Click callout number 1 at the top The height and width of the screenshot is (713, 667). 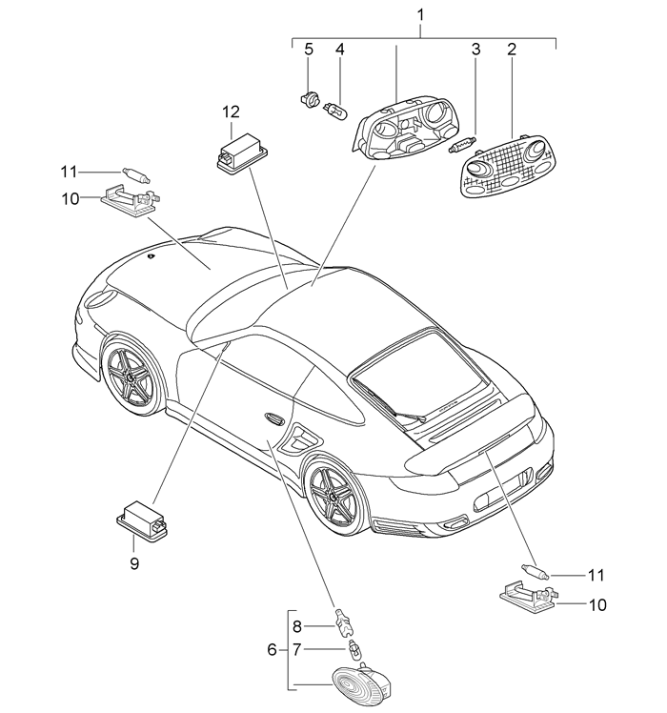pyautogui.click(x=422, y=15)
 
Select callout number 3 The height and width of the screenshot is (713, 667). pyautogui.click(x=473, y=50)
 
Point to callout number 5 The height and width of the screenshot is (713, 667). pyautogui.click(x=308, y=50)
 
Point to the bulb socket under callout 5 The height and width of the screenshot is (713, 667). pyautogui.click(x=309, y=96)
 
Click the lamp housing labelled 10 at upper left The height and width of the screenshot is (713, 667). pyautogui.click(x=127, y=203)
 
